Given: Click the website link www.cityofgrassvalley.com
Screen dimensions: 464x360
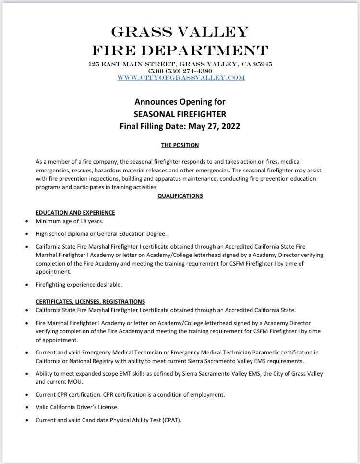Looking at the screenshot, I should point(180,77).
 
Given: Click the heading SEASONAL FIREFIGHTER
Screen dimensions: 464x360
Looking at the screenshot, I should point(180,114).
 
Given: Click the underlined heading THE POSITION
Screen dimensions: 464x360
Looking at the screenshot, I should point(180,145).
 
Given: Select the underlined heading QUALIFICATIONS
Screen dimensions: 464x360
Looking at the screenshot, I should point(180,196).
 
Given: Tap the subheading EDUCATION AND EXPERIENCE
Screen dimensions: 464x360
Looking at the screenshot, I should point(75,212).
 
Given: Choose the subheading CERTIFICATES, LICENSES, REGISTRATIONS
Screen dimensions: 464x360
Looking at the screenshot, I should point(90,301).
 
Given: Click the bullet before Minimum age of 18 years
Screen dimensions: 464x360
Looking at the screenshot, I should point(26,222).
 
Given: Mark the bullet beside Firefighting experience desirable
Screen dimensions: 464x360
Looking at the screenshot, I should point(26,285).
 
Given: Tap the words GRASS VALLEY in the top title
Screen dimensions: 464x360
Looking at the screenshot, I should point(180,32).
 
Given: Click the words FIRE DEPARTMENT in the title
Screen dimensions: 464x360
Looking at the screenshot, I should point(180,49).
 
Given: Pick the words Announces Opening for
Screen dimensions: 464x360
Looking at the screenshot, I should point(180,102).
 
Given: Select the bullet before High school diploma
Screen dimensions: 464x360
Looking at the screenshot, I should point(26,234).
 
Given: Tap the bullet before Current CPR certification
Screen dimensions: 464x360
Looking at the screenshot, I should point(26,395).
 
